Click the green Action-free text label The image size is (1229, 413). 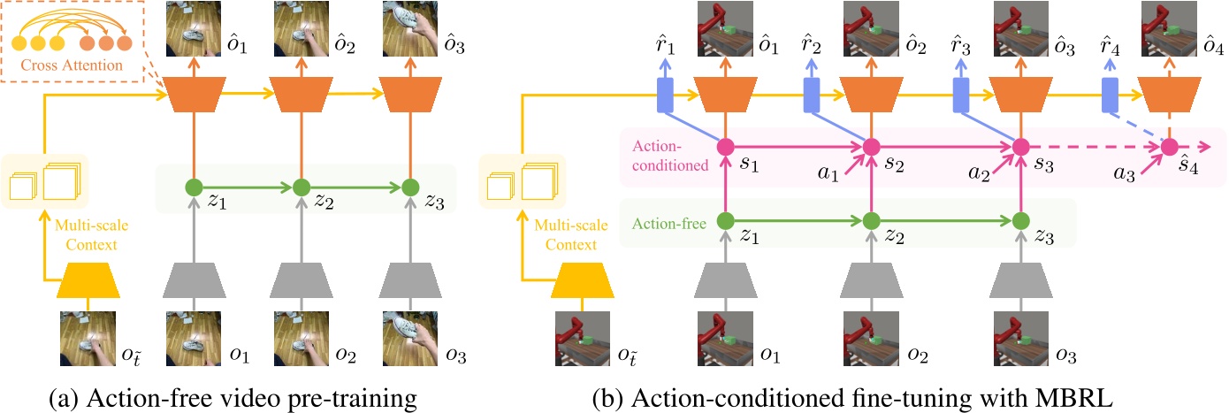(x=668, y=225)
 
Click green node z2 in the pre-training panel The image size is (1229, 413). (x=301, y=187)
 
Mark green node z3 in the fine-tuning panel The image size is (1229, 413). (x=1020, y=219)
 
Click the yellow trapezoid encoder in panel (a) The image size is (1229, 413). (x=87, y=284)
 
